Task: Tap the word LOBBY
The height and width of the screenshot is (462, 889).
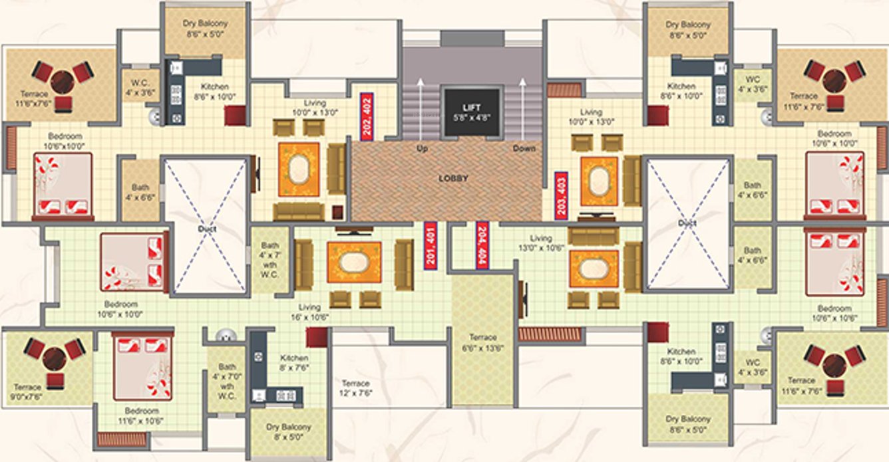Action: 453,178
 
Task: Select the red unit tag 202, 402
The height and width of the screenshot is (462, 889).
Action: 366,116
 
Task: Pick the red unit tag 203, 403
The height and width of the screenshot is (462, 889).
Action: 561,195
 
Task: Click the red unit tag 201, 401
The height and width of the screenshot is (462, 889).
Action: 431,245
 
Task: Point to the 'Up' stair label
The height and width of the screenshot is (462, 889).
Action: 421,149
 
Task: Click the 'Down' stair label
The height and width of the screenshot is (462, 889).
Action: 524,149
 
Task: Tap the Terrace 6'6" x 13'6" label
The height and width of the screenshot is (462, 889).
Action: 482,342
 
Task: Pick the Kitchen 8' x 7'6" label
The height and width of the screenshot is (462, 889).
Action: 293,362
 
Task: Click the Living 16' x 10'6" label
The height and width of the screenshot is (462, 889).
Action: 309,312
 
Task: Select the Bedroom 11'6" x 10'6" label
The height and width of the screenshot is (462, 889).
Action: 141,415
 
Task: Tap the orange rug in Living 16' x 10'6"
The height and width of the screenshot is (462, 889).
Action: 353,262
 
